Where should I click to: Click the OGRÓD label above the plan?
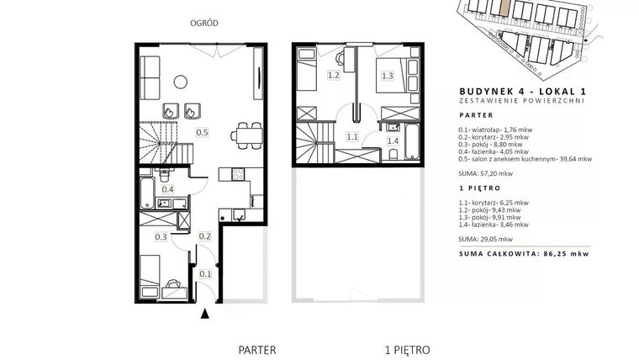pyautogui.click(x=206, y=24)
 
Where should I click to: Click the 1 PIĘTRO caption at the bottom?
pyautogui.click(x=408, y=347)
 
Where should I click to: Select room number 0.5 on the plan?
pyautogui.click(x=203, y=132)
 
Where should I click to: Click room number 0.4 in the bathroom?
pyautogui.click(x=168, y=189)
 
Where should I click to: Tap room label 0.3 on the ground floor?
pyautogui.click(x=161, y=237)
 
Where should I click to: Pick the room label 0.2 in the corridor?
pyautogui.click(x=203, y=237)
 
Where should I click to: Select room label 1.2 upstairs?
pyautogui.click(x=309, y=76)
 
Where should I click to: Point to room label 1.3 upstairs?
pyautogui.click(x=388, y=76)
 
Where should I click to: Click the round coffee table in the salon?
pyautogui.click(x=181, y=81)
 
